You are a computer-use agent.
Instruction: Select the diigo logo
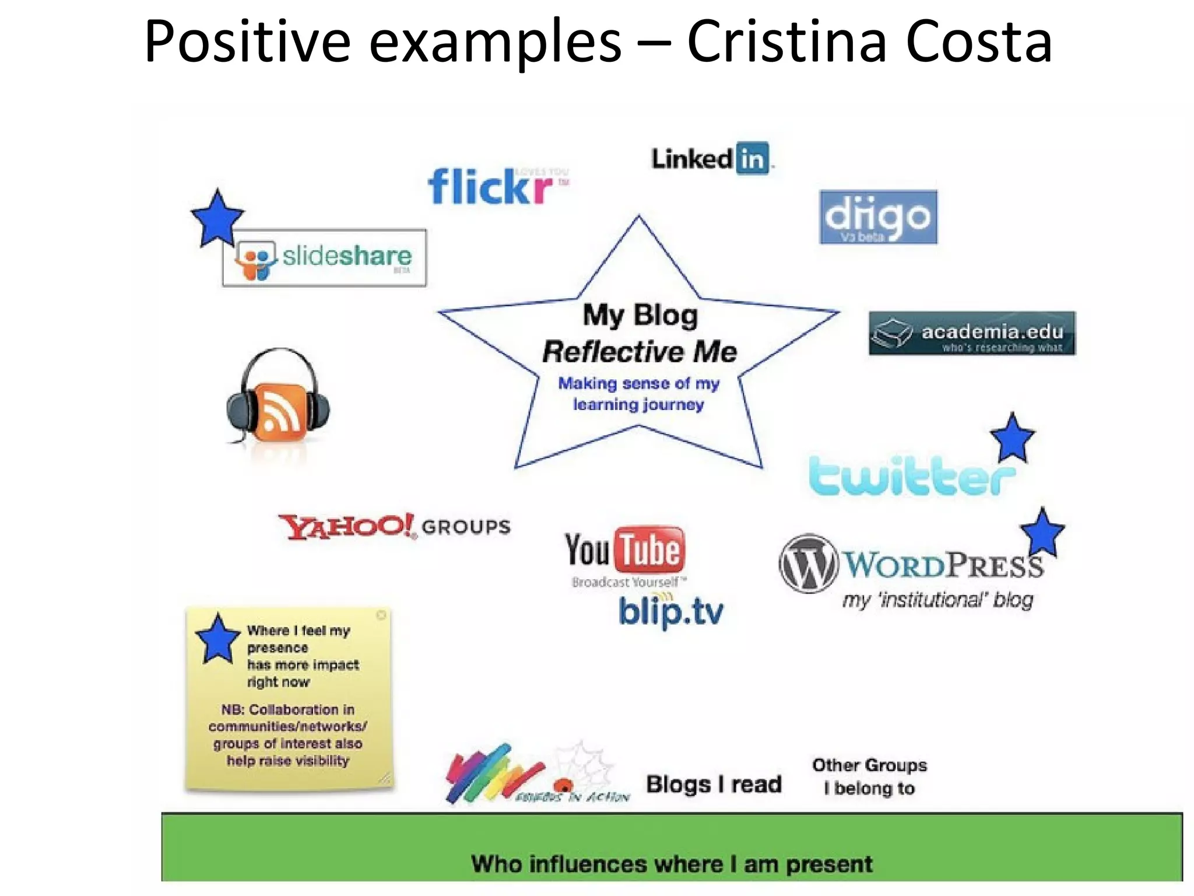coord(877,217)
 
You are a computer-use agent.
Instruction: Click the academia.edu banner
coord(972,333)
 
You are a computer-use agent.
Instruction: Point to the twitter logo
coord(909,475)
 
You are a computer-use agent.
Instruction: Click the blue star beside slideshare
coord(217,219)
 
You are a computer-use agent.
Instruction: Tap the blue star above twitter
coord(1012,439)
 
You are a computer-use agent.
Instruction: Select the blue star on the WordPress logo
coord(1042,533)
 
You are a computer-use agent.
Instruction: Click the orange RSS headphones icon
coord(279,402)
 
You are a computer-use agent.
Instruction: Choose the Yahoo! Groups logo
coord(394,526)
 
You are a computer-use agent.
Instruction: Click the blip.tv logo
coord(670,612)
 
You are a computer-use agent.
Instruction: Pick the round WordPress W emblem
coord(808,564)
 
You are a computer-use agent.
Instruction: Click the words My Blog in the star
coord(640,315)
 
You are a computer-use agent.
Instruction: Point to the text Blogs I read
coord(714,784)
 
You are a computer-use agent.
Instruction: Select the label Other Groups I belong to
coord(869,776)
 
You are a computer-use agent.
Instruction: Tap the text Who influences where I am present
coord(672,864)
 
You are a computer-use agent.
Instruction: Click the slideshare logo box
coord(324,257)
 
